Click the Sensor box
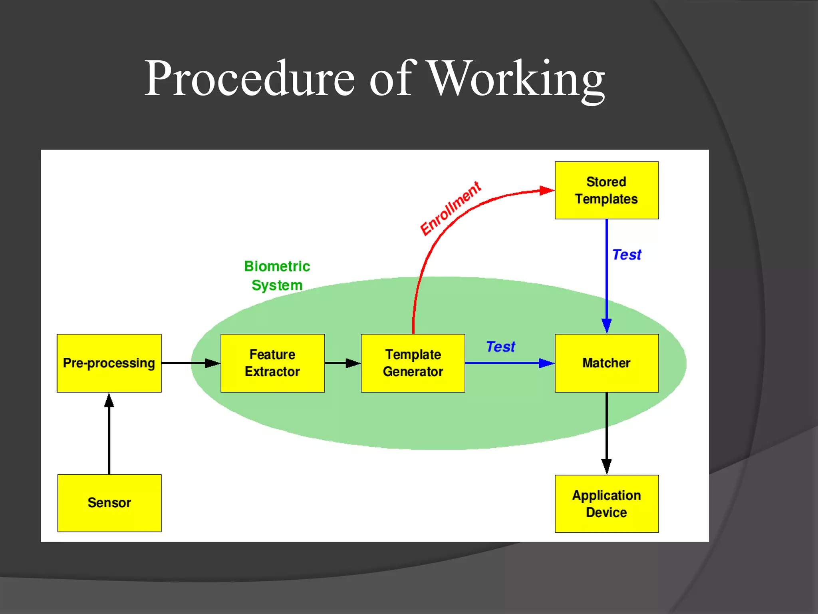pos(109,503)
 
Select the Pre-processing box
pos(109,363)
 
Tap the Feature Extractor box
pos(272,363)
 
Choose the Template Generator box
pos(413,363)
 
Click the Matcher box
pos(606,363)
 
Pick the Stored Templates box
pos(606,190)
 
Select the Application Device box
pos(606,504)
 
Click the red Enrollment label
pos(451,208)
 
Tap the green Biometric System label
pos(277,276)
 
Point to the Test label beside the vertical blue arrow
pos(626,255)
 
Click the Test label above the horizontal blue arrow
pos(500,347)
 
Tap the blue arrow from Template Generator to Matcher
pos(509,363)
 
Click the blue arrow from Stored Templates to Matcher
pos(606,276)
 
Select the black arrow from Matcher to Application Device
pos(606,434)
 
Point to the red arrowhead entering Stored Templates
pos(546,191)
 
